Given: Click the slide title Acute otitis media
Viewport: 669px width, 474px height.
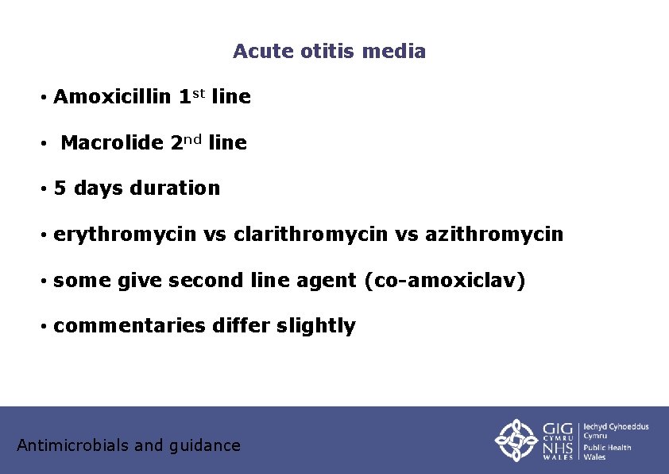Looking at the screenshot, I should [x=329, y=52].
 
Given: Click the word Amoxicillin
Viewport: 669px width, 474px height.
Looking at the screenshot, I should [x=112, y=98].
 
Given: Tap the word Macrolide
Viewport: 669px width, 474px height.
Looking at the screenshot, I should [x=112, y=144].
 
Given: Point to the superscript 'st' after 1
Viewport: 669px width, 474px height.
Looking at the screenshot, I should [x=199, y=94].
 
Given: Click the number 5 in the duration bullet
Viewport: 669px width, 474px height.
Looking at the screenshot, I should [x=60, y=188].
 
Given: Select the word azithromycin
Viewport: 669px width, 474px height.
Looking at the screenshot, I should [x=494, y=235].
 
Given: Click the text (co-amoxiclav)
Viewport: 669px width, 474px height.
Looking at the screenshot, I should [x=444, y=280].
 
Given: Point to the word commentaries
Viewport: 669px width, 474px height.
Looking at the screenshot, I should [x=129, y=326].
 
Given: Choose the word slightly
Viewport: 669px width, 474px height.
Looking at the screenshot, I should [x=315, y=326].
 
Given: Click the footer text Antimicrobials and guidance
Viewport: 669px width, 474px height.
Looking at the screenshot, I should [x=129, y=445].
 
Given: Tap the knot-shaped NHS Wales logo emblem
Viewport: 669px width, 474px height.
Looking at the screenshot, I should [x=517, y=440].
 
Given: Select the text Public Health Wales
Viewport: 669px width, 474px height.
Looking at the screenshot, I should [x=608, y=452].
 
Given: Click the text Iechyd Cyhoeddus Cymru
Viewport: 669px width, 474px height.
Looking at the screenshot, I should [x=616, y=431].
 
